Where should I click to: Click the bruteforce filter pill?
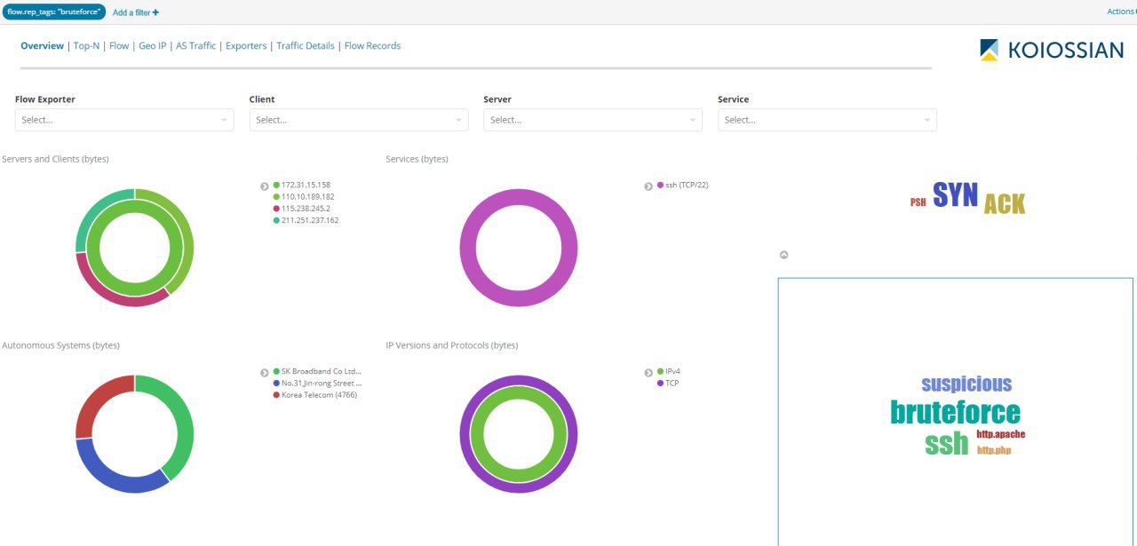coord(54,12)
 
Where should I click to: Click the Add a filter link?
coord(136,12)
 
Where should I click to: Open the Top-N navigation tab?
coord(86,45)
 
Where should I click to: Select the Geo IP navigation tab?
coord(152,45)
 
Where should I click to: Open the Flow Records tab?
coord(372,45)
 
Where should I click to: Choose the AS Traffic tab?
coord(196,45)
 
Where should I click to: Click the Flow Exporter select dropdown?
coord(124,120)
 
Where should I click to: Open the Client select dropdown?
coord(359,120)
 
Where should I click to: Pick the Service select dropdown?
coord(827,120)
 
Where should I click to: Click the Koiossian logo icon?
coord(989,50)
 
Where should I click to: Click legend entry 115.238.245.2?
coord(301,209)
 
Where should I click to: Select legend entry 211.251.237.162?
coord(306,220)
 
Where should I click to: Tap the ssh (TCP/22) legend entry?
coord(683,186)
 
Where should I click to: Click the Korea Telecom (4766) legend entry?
coord(314,395)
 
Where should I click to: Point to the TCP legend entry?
coord(668,384)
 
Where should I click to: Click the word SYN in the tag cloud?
coord(955,194)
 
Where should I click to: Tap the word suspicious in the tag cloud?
coord(966,384)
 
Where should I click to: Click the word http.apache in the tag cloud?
coord(1001,434)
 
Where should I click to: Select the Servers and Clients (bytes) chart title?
coord(55,159)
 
